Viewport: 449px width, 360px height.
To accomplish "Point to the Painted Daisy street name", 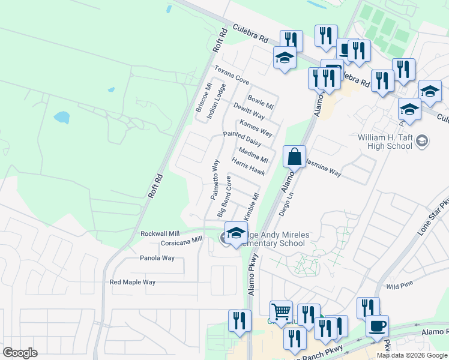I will coord(242,140).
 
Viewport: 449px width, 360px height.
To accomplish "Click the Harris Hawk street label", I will coord(248,166).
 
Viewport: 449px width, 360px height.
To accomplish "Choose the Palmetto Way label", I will coord(214,179).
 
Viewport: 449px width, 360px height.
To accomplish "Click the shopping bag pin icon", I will coord(294,158).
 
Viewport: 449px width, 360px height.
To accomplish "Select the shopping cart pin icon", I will coord(281,311).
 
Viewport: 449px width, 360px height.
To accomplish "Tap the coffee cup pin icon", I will coord(377,326).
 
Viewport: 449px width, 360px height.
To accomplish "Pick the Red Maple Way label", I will coord(133,282).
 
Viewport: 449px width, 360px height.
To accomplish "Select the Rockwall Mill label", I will coord(160,233).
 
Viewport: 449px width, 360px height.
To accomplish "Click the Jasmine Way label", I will coord(324,173).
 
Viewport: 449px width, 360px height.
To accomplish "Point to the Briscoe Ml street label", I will coord(202,97).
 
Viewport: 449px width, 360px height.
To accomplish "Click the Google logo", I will coord(20,353).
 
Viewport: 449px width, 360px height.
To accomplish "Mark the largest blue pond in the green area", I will coord(62,116).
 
